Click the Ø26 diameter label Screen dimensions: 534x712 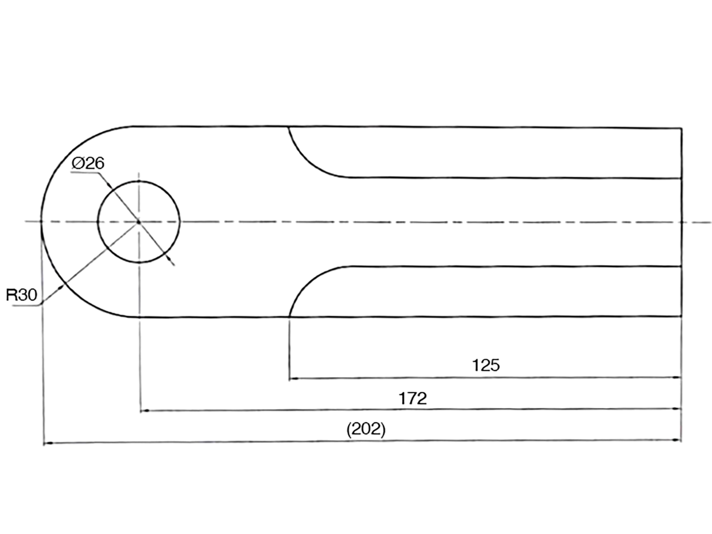88,163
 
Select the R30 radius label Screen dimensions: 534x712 21,295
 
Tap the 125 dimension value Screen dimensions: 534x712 485,365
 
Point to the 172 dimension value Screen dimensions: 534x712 413,398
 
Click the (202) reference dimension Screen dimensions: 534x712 366,429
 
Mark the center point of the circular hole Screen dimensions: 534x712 139,222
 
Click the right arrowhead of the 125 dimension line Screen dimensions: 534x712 677,378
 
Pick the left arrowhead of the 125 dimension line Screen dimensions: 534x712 293,379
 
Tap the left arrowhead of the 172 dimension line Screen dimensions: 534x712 144,411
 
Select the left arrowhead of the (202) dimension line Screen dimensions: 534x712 48,443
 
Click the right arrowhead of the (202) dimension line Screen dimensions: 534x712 677,440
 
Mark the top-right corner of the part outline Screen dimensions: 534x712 681,128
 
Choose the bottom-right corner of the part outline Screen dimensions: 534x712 681,317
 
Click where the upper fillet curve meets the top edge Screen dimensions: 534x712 288,127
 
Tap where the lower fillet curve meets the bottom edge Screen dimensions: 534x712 289,317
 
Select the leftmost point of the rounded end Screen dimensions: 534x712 41,222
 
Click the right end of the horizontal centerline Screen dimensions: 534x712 711,222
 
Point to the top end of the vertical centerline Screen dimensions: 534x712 139,173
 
